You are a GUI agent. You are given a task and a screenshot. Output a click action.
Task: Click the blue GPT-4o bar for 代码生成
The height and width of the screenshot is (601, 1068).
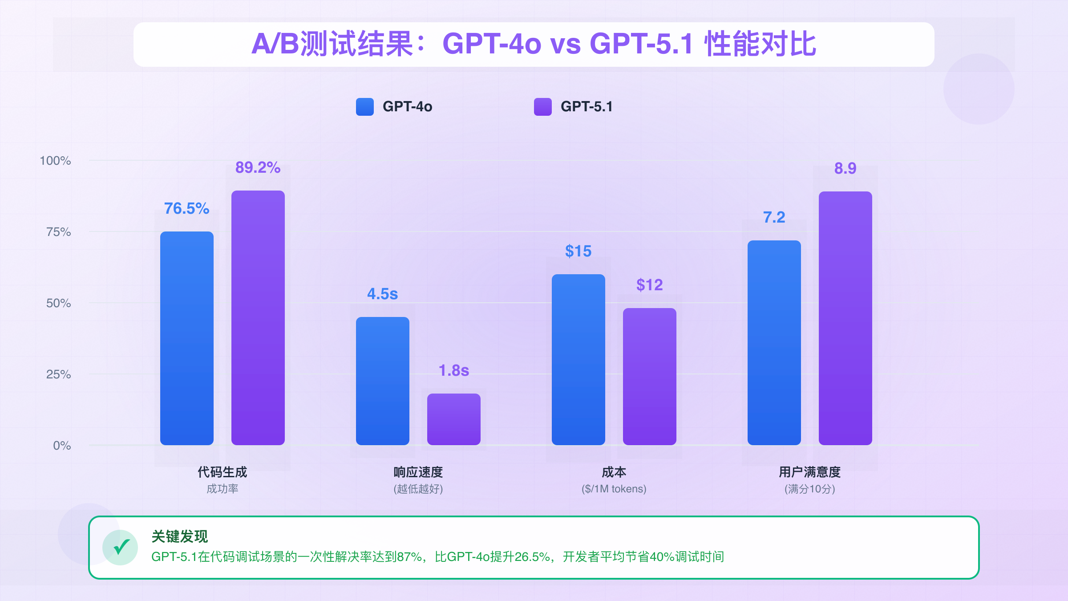(187, 338)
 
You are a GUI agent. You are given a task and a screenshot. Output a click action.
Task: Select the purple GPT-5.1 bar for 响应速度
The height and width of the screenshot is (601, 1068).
(454, 419)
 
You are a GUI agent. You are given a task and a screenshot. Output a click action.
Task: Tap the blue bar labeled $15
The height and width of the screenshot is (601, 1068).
(578, 360)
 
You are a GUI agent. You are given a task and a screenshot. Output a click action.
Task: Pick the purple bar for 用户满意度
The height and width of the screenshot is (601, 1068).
(845, 318)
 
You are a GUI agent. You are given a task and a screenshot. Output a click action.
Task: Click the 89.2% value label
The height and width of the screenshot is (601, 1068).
(258, 167)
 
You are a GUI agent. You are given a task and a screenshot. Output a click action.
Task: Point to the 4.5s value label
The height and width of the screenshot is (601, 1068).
(382, 294)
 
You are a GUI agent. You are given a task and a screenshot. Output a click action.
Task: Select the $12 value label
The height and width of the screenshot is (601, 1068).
(649, 285)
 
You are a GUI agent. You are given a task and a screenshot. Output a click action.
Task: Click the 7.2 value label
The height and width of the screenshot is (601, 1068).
(774, 217)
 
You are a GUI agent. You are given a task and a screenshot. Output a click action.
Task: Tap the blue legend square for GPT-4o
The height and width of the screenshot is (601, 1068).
(365, 107)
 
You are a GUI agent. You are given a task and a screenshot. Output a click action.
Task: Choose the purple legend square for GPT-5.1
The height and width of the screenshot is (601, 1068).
(543, 107)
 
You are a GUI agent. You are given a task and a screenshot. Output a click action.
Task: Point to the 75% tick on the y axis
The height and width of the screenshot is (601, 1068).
(59, 232)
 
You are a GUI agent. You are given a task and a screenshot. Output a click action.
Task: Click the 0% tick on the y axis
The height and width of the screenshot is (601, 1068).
(62, 446)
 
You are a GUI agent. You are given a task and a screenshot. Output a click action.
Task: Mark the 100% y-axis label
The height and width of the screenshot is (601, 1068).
(55, 161)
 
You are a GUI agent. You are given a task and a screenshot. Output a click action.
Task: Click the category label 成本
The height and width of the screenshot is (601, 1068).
(614, 472)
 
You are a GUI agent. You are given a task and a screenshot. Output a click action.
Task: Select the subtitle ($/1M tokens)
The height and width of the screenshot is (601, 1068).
(614, 489)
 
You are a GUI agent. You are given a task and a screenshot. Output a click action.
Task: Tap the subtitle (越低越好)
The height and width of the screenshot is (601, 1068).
(418, 489)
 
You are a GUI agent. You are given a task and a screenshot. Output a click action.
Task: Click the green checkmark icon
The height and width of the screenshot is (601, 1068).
(120, 548)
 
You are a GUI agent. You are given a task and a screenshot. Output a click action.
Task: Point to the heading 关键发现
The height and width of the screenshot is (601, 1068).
(180, 536)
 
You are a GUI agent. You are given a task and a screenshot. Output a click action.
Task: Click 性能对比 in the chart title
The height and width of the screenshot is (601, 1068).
(760, 44)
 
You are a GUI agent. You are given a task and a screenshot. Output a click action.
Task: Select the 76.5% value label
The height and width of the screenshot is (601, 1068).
(186, 208)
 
